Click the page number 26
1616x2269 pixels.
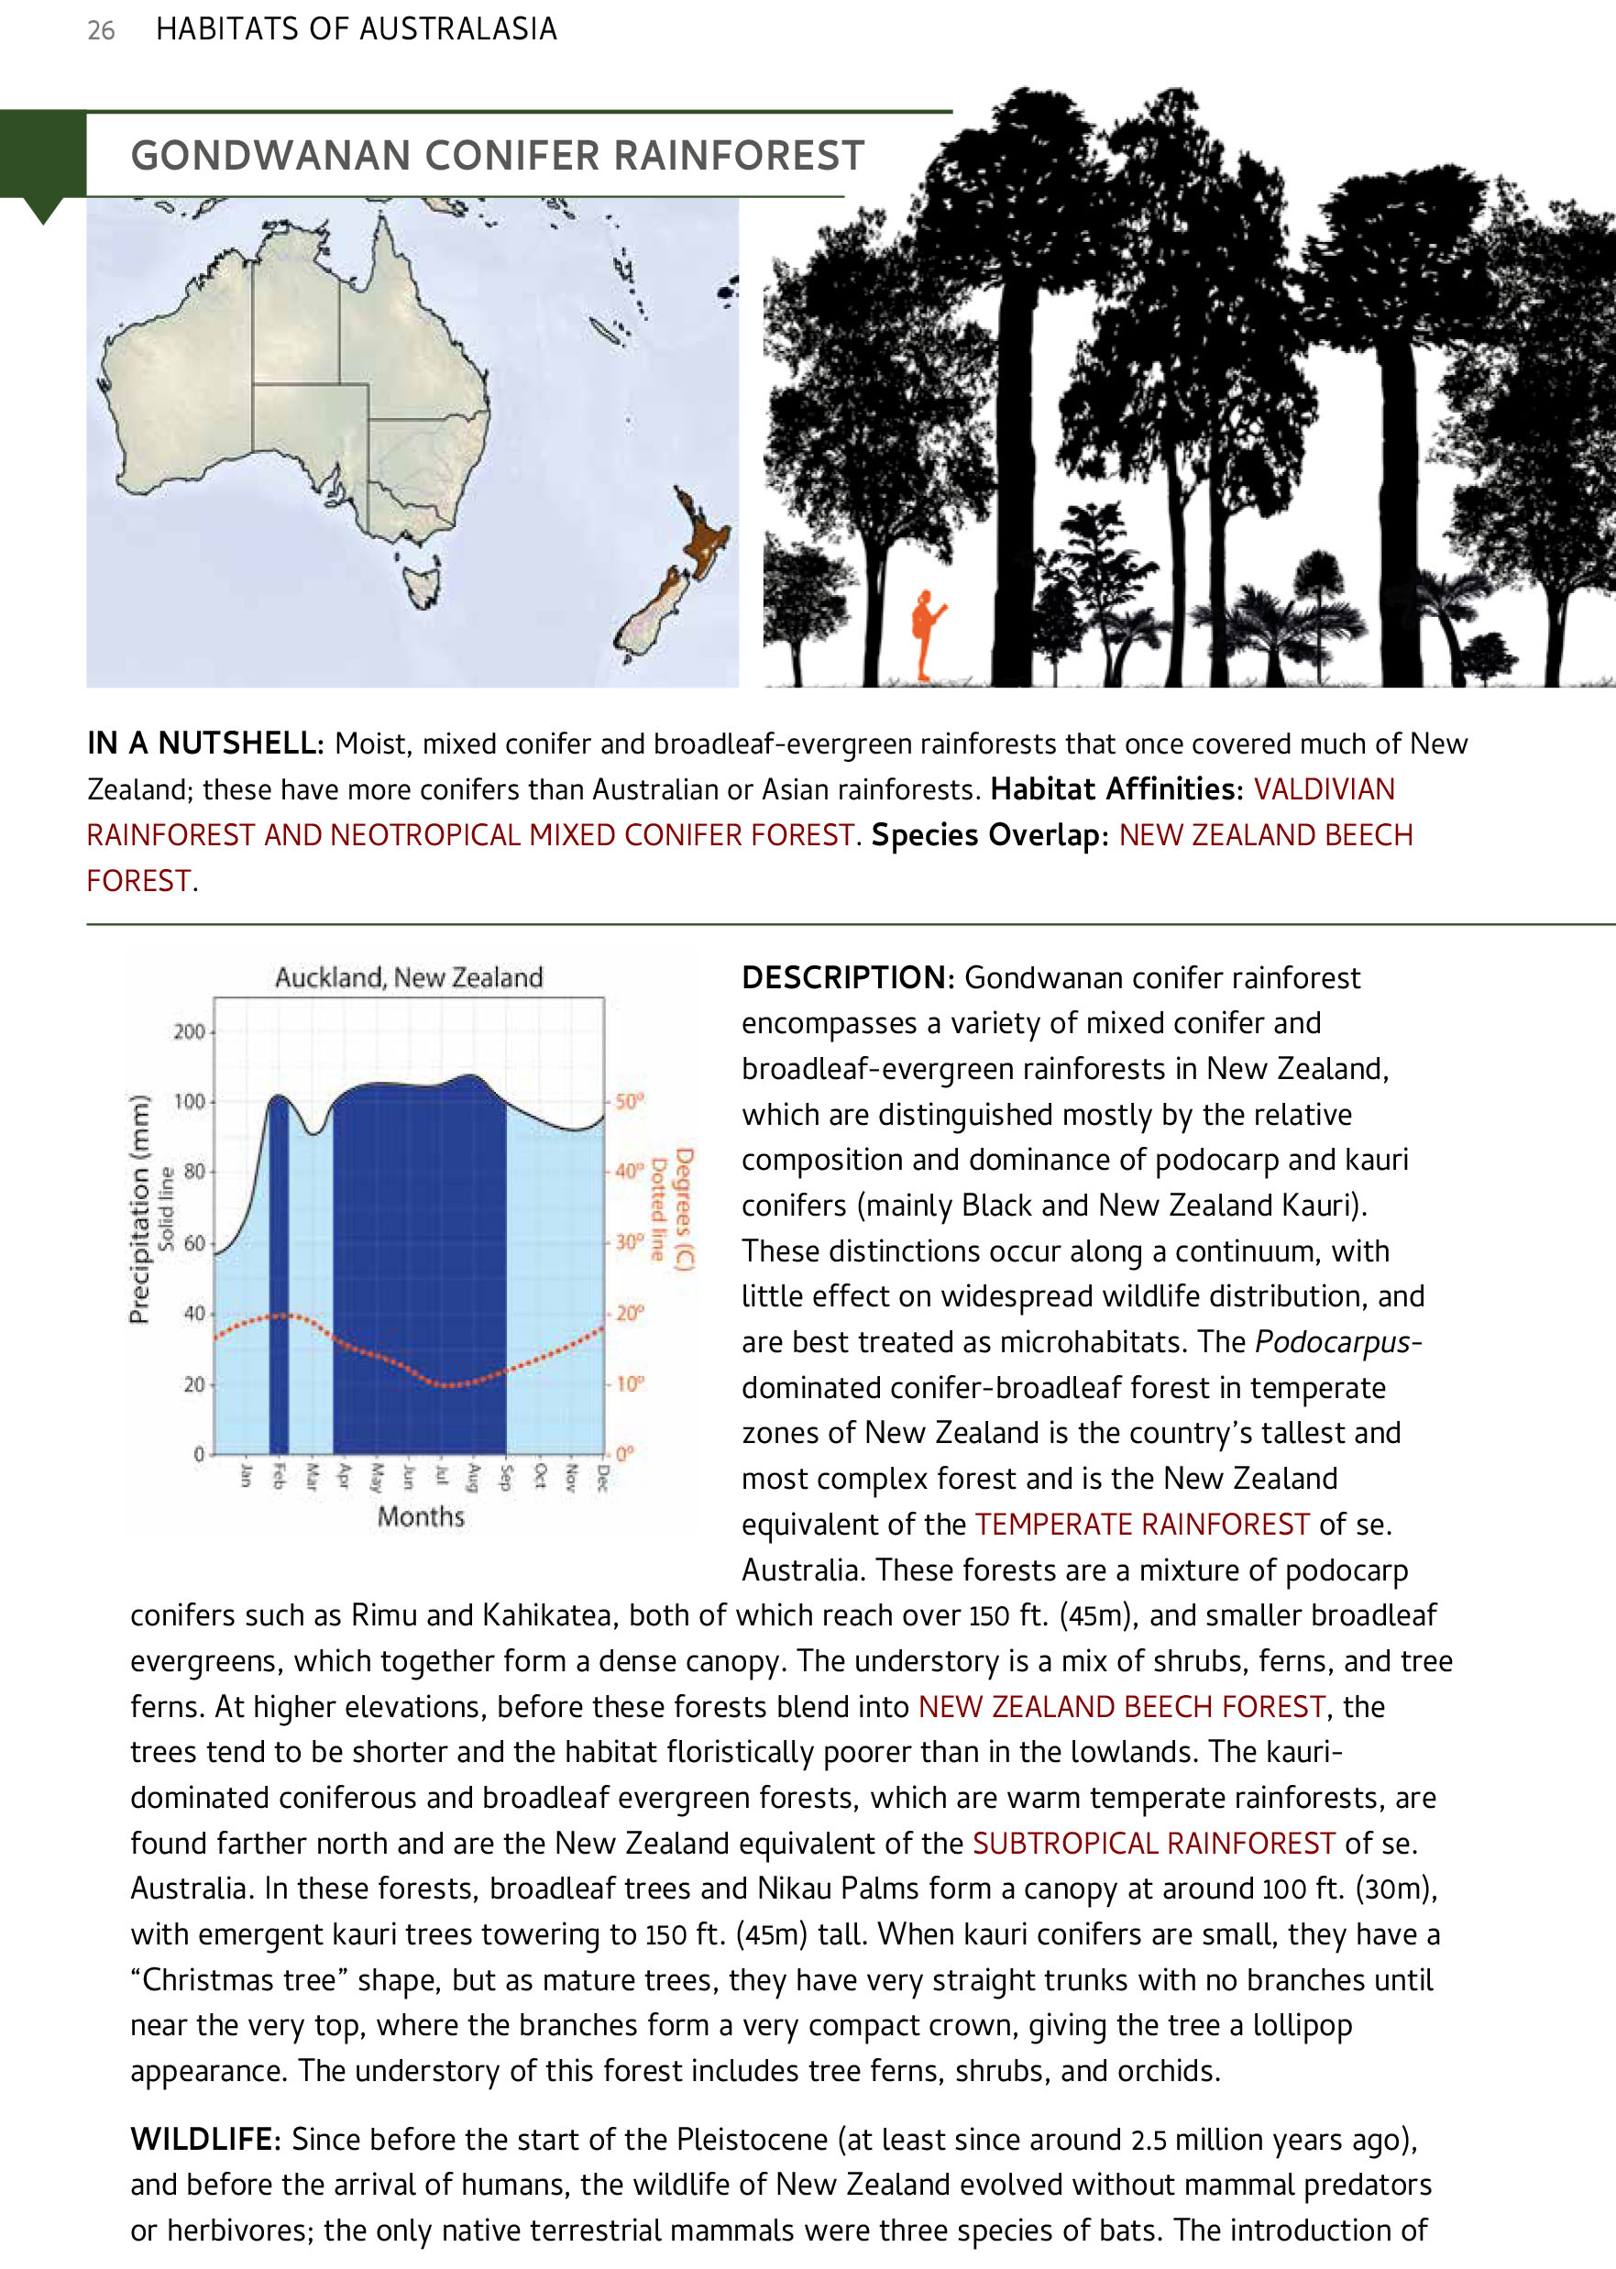102,31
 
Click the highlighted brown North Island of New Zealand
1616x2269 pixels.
701,537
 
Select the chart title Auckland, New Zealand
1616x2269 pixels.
409,977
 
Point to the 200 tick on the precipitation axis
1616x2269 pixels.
188,1031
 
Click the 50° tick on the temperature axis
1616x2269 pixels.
629,1102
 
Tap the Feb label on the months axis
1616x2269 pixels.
279,1476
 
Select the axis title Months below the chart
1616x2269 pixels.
420,1516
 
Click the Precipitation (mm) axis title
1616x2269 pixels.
139,1208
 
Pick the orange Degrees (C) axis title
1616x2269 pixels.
683,1208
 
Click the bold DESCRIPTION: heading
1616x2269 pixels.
847,977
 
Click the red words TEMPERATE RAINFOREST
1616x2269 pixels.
1140,1525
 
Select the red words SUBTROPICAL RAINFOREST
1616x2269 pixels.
1152,1843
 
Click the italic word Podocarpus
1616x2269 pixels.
1333,1342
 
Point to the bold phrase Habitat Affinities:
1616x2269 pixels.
1116,789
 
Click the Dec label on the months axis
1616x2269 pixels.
603,1476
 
